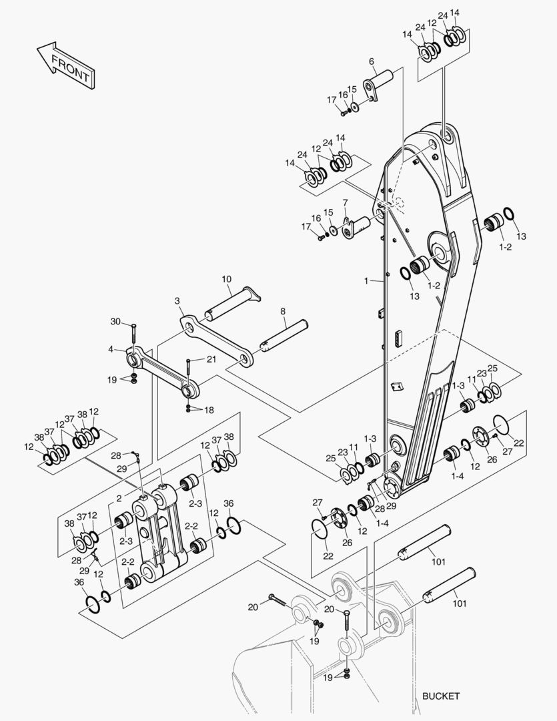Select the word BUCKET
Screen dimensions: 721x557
click(441, 696)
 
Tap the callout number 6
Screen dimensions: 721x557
click(371, 61)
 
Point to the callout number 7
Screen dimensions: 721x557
click(345, 202)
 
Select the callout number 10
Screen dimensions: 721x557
click(227, 279)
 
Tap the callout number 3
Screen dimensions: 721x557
click(177, 301)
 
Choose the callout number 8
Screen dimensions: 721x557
click(283, 311)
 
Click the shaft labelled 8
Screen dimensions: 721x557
click(286, 335)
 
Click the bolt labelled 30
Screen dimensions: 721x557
click(133, 333)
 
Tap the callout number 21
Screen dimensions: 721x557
click(211, 359)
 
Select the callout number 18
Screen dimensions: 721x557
click(209, 410)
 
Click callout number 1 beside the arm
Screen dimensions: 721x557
click(366, 282)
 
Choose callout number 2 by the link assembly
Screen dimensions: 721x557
click(118, 498)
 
